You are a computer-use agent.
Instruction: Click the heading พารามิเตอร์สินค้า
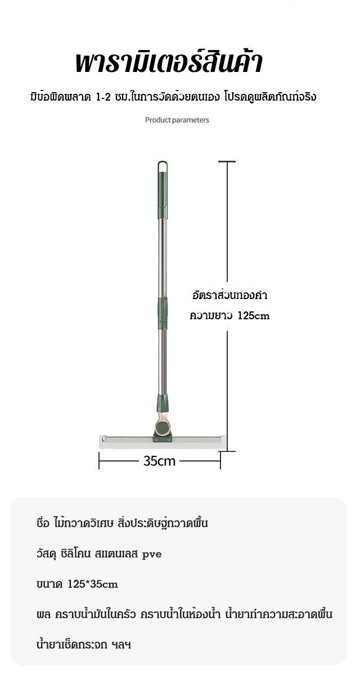(x=169, y=63)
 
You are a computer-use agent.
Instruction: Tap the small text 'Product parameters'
(x=177, y=120)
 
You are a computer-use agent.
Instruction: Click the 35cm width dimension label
(x=160, y=461)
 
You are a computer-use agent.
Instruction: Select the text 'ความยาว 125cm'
(x=229, y=316)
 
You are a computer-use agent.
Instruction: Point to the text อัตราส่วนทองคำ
(x=229, y=296)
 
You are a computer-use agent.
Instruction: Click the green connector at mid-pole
(x=163, y=313)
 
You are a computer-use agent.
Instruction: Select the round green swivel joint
(x=163, y=428)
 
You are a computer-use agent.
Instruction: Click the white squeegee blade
(x=163, y=442)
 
